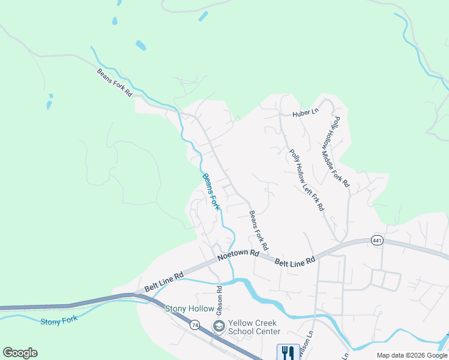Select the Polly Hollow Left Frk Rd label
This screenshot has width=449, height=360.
[307, 180]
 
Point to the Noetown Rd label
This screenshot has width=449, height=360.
[238, 254]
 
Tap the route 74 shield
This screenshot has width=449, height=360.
[194, 325]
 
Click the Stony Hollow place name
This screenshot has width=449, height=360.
[190, 308]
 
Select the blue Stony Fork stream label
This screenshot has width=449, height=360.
[59, 321]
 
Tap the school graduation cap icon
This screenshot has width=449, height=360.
[218, 326]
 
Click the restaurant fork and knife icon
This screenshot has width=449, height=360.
[288, 352]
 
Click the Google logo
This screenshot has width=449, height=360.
[20, 353]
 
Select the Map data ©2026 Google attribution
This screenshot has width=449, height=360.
[412, 355]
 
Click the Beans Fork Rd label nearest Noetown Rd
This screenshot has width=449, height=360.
[259, 230]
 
